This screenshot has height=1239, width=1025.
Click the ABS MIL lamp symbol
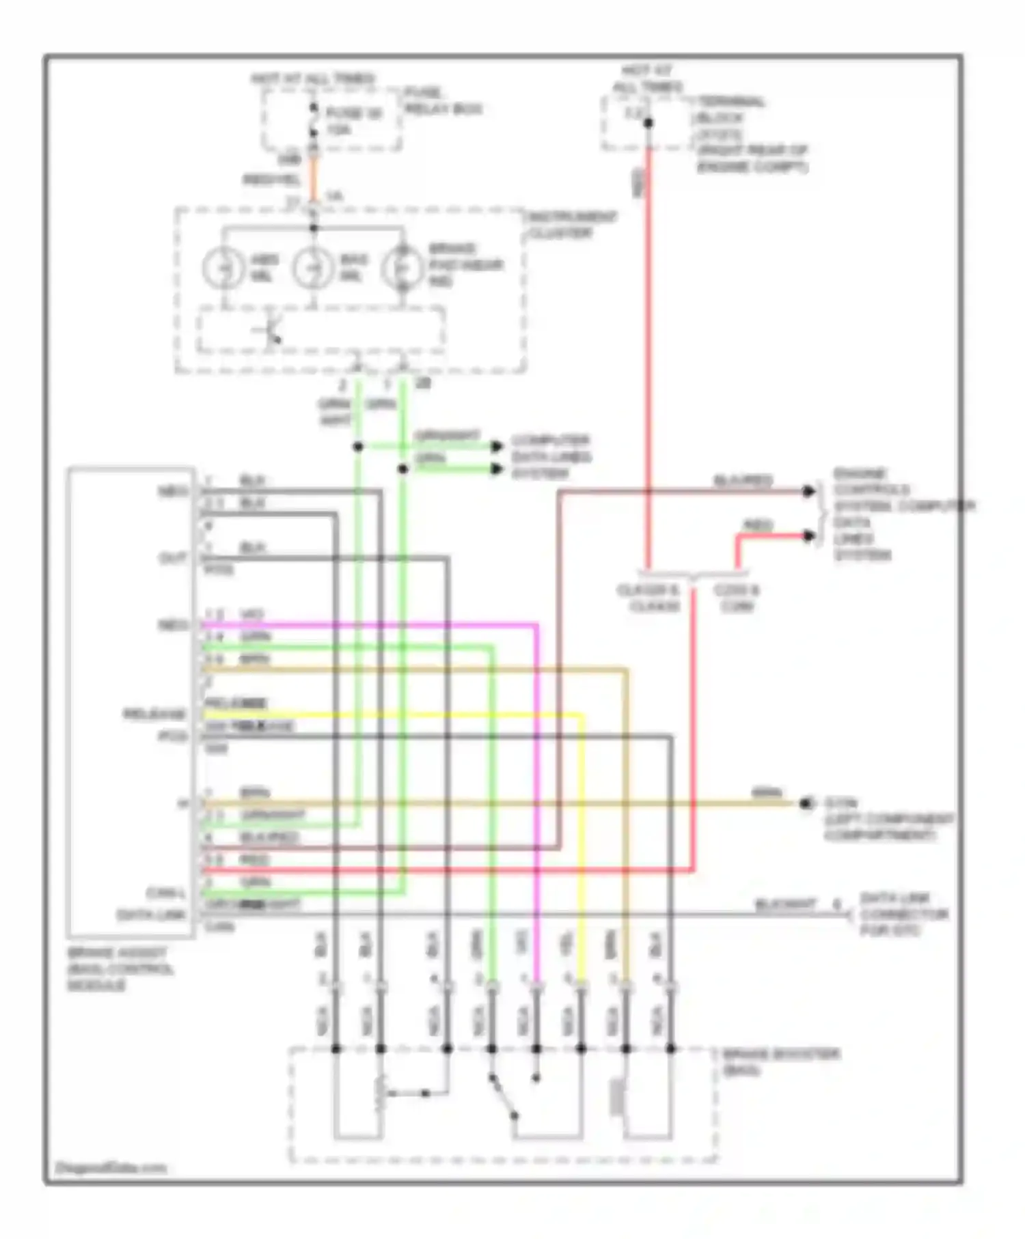[223, 268]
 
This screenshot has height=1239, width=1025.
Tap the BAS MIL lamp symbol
[313, 268]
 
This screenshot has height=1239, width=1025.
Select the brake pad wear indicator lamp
[402, 268]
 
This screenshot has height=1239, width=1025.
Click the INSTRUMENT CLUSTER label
[572, 225]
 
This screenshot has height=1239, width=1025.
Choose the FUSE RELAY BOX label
[443, 100]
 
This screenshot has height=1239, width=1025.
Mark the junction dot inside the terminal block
[648, 123]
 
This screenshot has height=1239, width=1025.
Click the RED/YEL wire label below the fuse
[271, 180]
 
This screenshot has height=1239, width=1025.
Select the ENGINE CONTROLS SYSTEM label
[902, 490]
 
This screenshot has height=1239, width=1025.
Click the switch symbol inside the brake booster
[503, 1098]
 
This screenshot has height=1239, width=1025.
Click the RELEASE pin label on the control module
[154, 714]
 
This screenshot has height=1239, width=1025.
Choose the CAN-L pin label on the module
[167, 893]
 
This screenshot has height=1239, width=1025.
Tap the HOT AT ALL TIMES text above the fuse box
[313, 79]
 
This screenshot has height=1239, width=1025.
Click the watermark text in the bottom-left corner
[110, 1168]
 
